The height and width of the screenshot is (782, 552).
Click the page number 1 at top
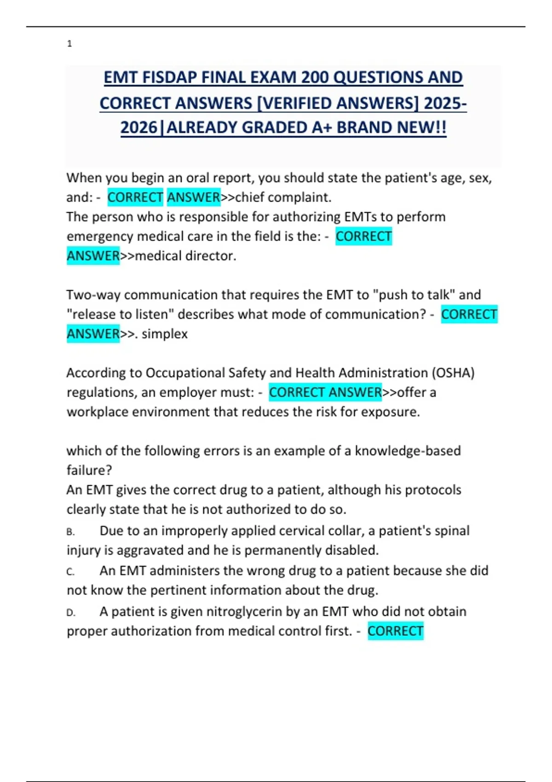point(69,44)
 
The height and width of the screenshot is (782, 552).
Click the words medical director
point(185,256)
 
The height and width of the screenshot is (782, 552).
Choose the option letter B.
point(70,532)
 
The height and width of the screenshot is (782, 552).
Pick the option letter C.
point(70,572)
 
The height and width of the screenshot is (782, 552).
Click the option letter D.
point(70,613)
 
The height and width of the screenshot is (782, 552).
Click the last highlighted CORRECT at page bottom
point(395,631)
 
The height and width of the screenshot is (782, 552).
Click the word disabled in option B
point(351,550)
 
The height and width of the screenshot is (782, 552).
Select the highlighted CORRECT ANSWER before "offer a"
point(325,392)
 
